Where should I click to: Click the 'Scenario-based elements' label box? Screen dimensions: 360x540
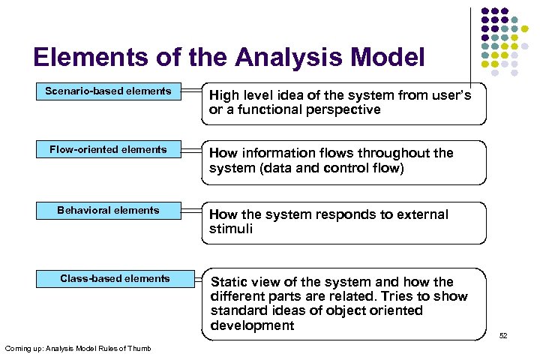109,91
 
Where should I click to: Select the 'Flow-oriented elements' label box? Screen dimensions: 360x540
109,150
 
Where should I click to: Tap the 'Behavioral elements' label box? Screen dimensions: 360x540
109,211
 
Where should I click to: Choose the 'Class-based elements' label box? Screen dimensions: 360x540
115,279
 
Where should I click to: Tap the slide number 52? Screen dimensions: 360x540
503,335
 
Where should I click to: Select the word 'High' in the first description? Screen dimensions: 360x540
223,95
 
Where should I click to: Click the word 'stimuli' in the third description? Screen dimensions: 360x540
230,229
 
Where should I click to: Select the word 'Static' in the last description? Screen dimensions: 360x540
229,282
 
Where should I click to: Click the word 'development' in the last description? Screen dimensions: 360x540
252,325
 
